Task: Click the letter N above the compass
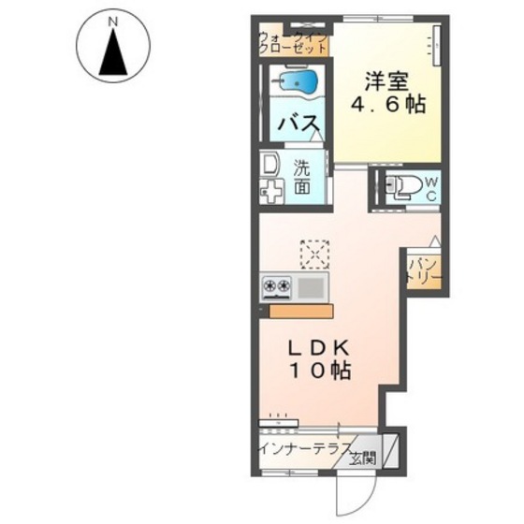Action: (x=113, y=22)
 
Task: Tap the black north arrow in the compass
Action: (x=113, y=51)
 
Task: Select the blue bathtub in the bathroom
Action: (x=298, y=81)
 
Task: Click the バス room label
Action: (x=298, y=124)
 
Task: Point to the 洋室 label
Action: (x=386, y=81)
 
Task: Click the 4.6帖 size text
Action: (x=387, y=105)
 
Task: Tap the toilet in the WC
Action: (x=403, y=185)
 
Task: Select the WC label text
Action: (x=431, y=189)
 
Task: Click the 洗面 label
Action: (x=301, y=177)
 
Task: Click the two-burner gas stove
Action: (x=276, y=286)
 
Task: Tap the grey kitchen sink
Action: (x=311, y=286)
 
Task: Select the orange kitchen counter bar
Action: (x=300, y=311)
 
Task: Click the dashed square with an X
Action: (x=314, y=255)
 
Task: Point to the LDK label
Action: (x=319, y=348)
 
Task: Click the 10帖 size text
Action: (x=322, y=371)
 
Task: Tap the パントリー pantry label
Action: (x=424, y=271)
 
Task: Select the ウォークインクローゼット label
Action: (x=293, y=43)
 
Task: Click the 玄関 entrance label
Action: (x=363, y=458)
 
